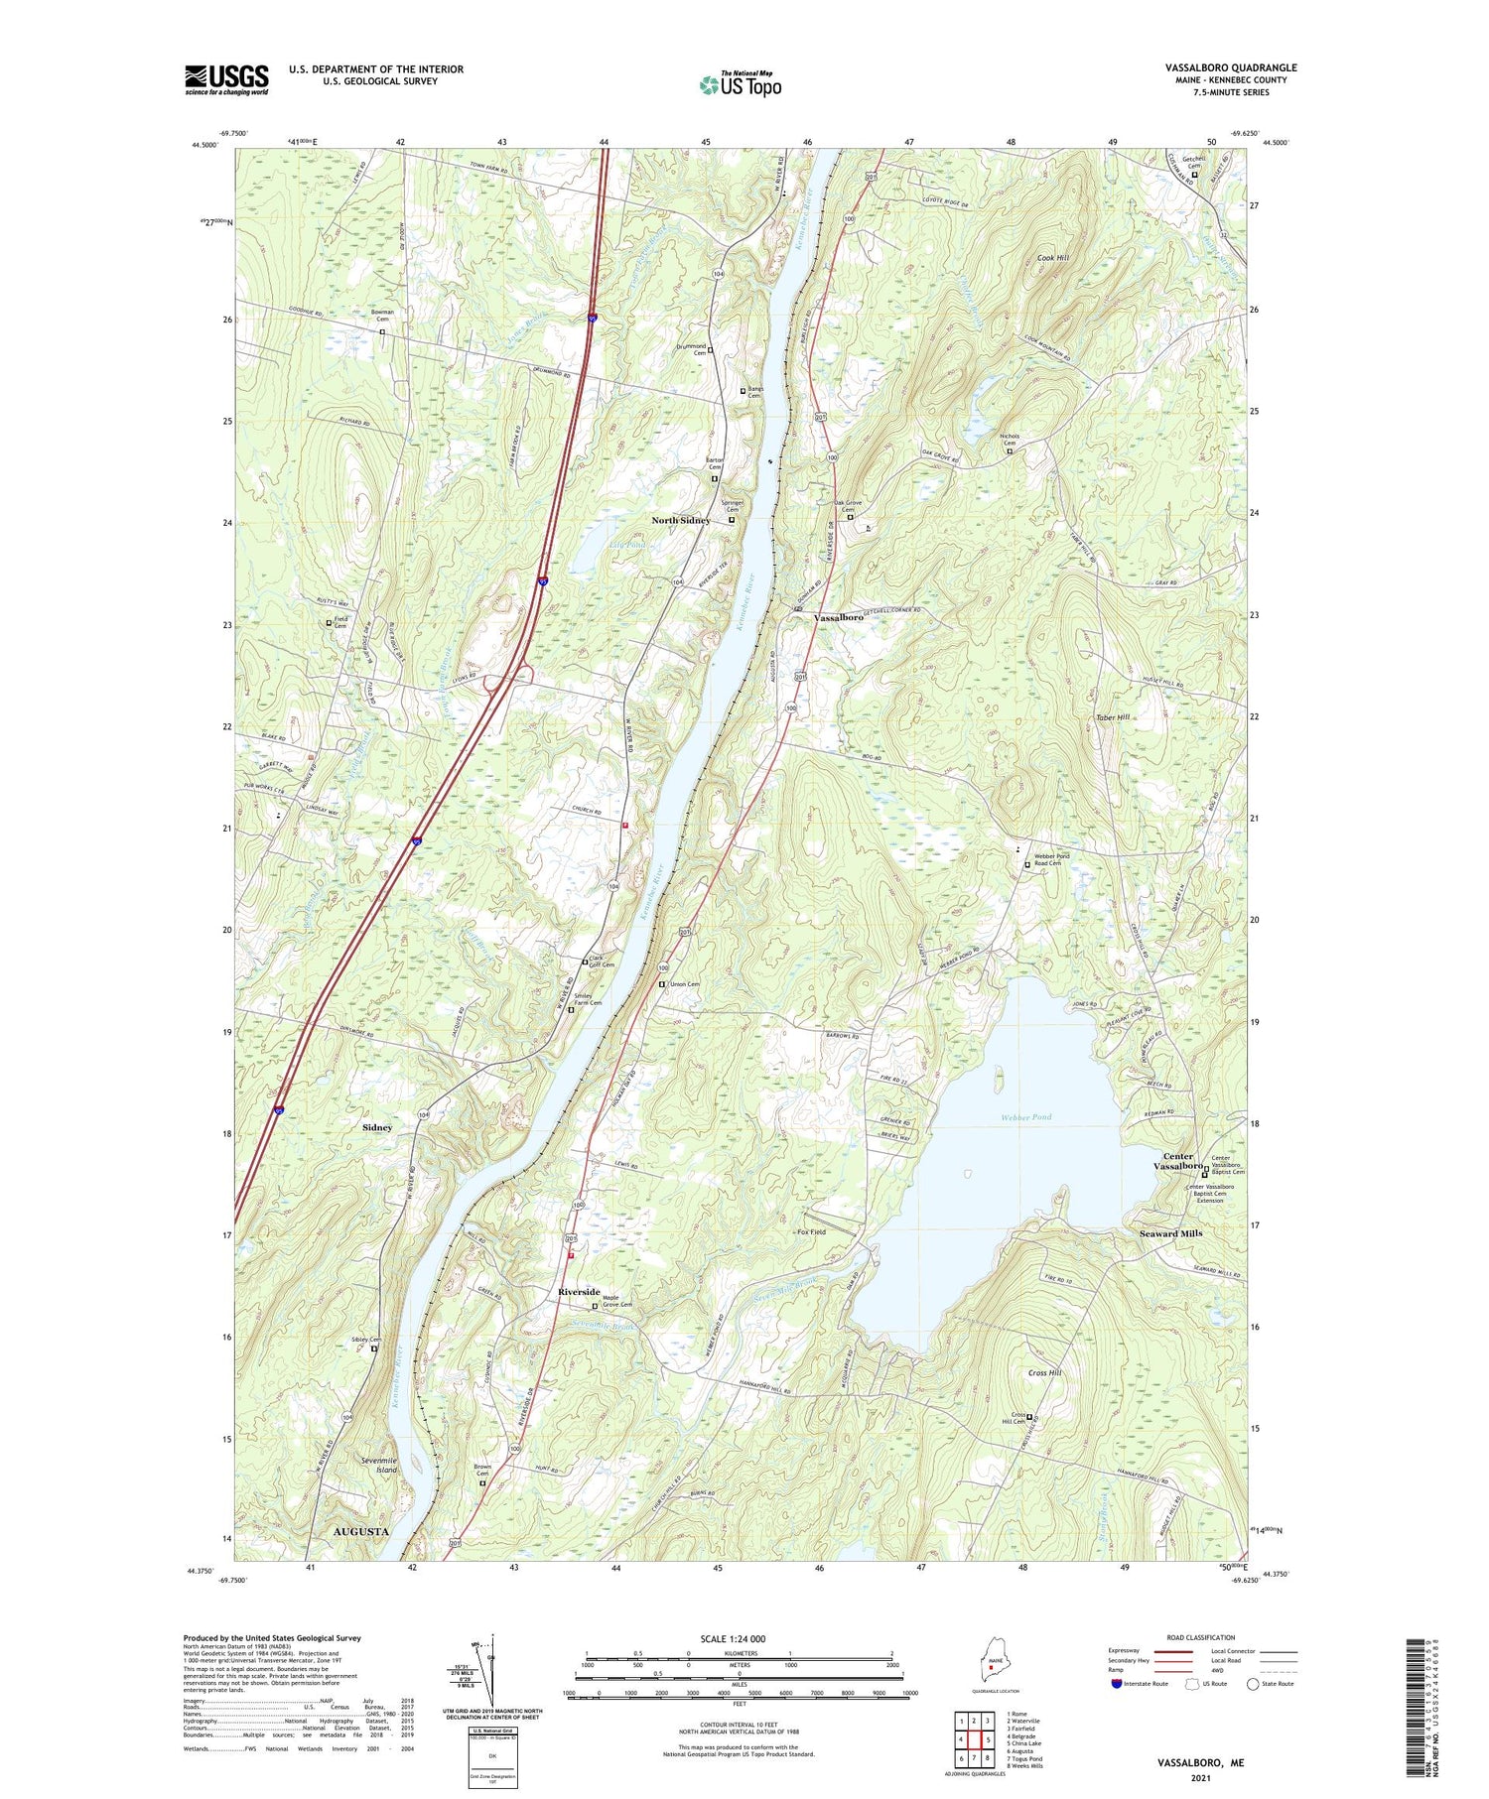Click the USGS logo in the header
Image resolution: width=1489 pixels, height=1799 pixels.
point(226,79)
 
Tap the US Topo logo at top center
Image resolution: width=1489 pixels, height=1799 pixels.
point(740,84)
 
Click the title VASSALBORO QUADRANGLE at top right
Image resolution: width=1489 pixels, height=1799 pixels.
point(1231,67)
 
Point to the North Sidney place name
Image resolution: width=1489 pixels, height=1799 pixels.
point(680,521)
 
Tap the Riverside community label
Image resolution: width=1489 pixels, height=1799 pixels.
point(579,1292)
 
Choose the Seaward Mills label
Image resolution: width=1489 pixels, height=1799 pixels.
point(1170,1233)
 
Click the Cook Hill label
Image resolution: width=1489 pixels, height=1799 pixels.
point(1052,258)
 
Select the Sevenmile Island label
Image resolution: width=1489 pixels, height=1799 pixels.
point(379,1465)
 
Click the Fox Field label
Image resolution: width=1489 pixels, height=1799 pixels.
point(811,1232)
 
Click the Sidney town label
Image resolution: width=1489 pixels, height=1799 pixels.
point(377,1128)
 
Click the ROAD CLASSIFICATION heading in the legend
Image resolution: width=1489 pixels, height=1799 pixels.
point(1201,1637)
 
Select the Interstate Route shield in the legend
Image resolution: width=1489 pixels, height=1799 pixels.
point(1117,1684)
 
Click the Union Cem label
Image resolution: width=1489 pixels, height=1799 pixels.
point(685,984)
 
